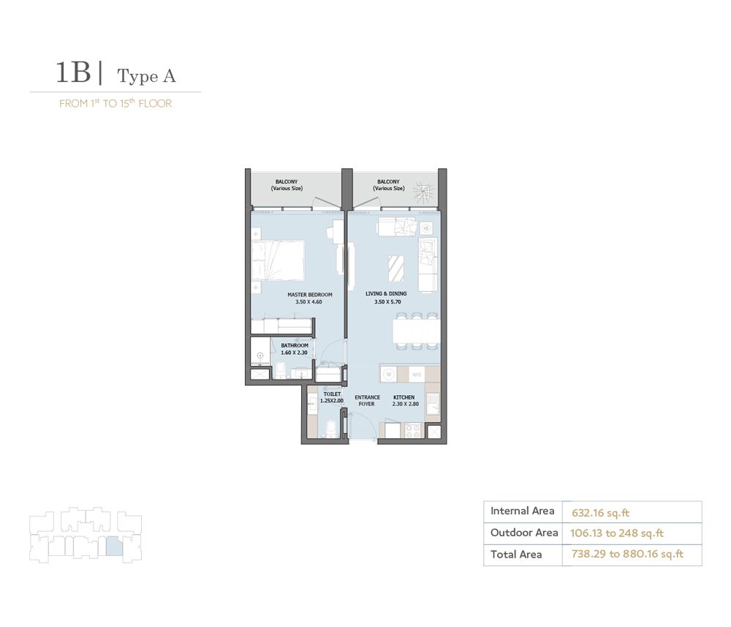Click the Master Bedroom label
click(304, 295)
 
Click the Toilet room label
click(330, 394)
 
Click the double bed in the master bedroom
click(278, 259)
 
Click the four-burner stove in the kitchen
click(412, 431)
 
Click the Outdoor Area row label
click(524, 533)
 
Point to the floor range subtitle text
click(115, 104)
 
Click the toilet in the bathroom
click(281, 370)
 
